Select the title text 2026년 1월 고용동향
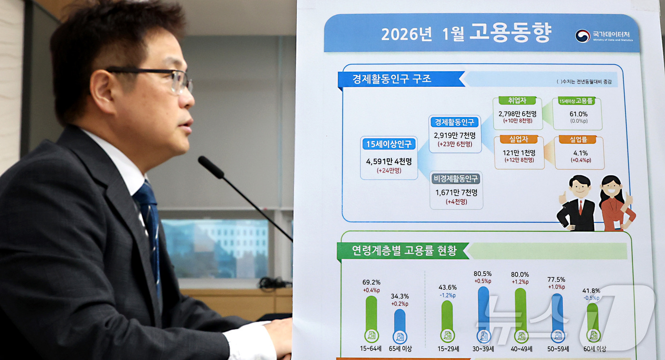(x=466, y=33)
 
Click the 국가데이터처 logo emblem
(x=582, y=36)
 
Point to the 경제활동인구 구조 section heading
(x=392, y=79)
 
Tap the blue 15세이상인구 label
(x=389, y=144)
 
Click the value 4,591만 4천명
(x=389, y=161)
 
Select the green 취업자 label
(x=517, y=101)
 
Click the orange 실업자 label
(x=519, y=139)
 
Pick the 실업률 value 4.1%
(x=579, y=153)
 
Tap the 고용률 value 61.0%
(x=578, y=114)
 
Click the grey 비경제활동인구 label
(x=456, y=179)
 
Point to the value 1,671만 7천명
(x=456, y=192)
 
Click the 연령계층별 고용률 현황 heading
(x=404, y=250)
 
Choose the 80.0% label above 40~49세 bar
(x=520, y=275)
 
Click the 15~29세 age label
(x=447, y=349)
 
